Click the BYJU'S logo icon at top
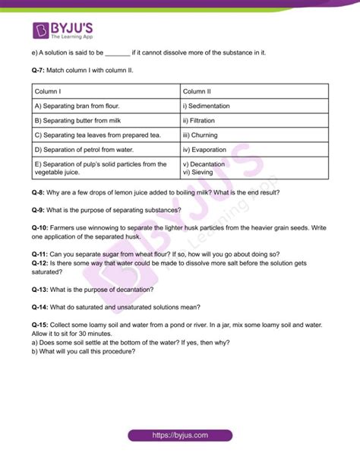tap(43, 30)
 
